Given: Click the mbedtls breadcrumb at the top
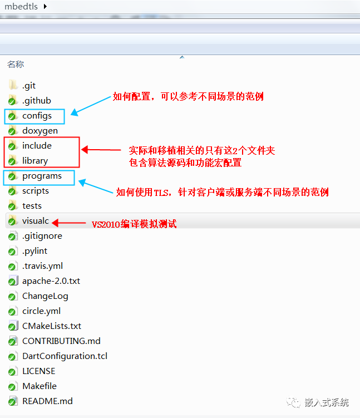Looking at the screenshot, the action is (21, 6).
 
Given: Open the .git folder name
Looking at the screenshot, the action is (29, 86).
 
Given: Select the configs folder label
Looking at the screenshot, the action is (37, 116).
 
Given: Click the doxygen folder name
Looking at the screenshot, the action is (40, 131).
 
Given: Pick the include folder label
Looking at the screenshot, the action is (37, 146).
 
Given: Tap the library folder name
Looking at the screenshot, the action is (35, 161).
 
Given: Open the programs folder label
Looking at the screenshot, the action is (42, 176).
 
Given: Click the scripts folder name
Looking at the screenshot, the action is (36, 191).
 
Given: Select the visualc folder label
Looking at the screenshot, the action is (36, 221).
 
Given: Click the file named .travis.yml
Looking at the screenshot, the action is (42, 266).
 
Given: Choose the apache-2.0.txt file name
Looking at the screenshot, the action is (51, 281).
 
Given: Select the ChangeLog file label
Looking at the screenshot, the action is (45, 296).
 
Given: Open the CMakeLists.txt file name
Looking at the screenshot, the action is (52, 326).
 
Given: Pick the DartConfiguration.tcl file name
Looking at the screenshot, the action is (65, 356).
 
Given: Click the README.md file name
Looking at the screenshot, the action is (47, 401).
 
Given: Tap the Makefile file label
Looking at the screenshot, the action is (40, 386).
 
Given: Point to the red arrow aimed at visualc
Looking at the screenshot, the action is (68, 223).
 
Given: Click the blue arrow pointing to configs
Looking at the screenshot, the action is (91, 106).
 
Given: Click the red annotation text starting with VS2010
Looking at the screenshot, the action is (134, 224).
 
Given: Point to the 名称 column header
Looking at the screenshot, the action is (16, 64).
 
